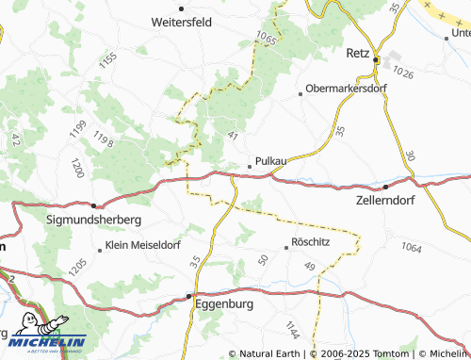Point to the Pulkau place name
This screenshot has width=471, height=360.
269,161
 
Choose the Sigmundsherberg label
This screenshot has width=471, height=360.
94,219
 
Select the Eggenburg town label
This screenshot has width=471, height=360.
226,304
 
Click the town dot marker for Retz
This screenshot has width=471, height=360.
375,60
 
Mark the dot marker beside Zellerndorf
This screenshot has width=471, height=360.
385,186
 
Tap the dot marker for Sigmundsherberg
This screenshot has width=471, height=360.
94,205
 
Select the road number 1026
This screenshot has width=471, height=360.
404,73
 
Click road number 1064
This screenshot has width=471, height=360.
410,247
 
